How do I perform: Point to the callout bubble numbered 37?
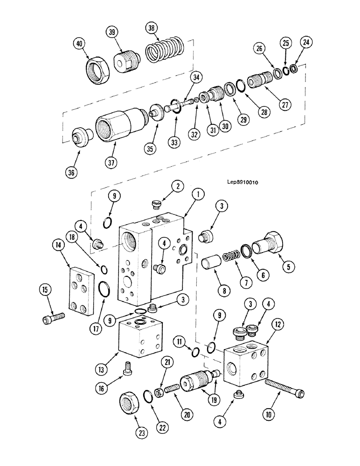click(x=111, y=163)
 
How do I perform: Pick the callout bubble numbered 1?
click(x=198, y=192)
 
